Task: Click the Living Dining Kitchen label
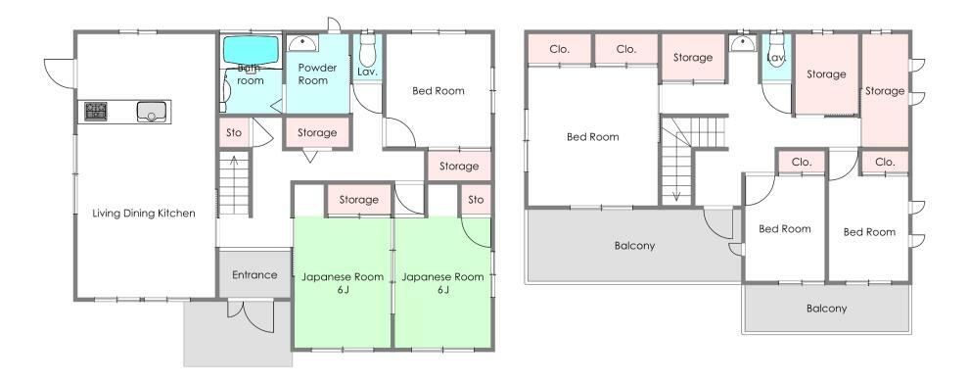[x=143, y=214]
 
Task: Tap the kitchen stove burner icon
[x=96, y=112]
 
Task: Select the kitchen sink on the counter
[x=152, y=112]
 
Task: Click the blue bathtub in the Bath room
[x=251, y=49]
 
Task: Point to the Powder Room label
[x=317, y=73]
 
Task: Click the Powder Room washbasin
[x=302, y=43]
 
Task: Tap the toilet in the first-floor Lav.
[x=368, y=49]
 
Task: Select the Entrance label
[x=254, y=274]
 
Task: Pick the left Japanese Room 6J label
[x=343, y=282]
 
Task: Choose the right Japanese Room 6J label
[x=442, y=282]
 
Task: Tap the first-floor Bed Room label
[x=438, y=91]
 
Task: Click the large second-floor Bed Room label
[x=592, y=137]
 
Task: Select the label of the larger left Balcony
[x=634, y=246]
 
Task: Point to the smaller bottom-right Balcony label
[x=826, y=308]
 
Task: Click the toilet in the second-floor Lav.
[x=776, y=49]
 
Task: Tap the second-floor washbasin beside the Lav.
[x=740, y=44]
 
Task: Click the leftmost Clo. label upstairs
[x=560, y=49]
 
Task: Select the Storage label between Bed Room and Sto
[x=459, y=166]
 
